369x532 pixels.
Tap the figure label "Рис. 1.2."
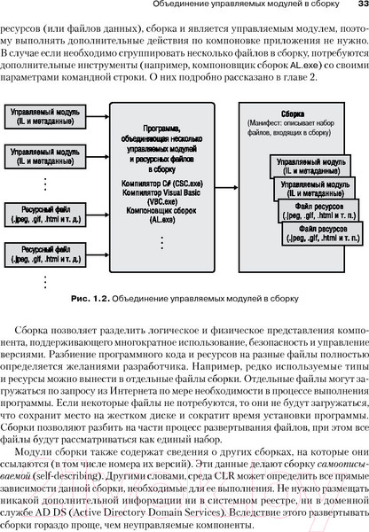click(89, 272)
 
